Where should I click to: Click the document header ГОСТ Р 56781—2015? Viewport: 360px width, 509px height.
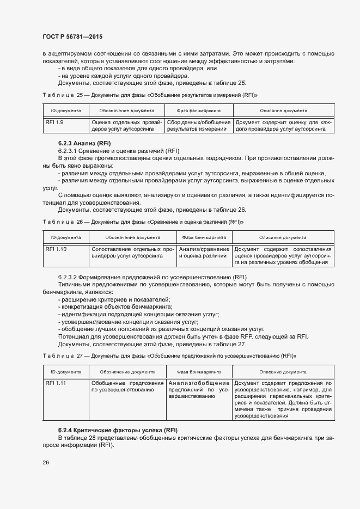click(72, 36)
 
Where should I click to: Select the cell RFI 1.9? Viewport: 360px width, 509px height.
click(54, 122)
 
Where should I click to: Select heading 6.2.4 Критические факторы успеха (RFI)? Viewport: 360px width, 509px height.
click(118, 431)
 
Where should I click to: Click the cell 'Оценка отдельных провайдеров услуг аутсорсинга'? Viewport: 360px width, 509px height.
click(126, 126)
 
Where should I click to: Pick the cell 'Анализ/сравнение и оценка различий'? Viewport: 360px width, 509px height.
click(204, 252)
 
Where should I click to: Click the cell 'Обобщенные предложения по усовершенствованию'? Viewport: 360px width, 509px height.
click(127, 387)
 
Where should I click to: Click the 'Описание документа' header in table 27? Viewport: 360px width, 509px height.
click(283, 372)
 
